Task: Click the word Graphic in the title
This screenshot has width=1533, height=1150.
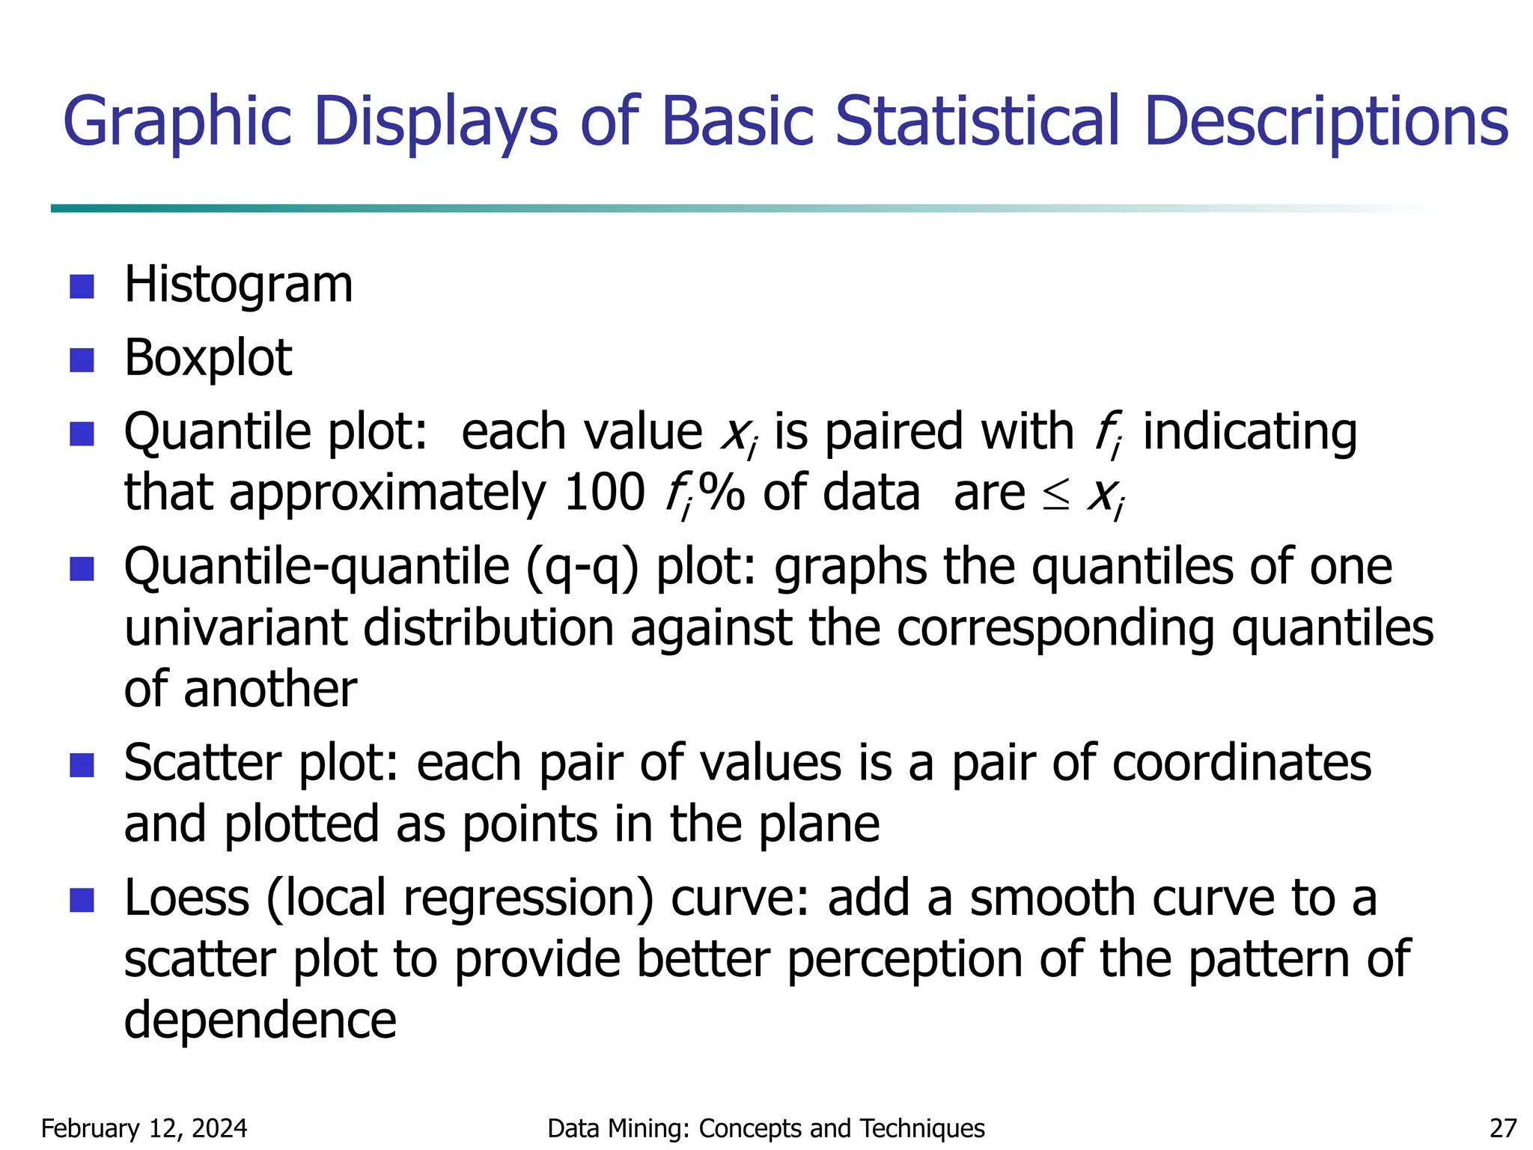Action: [177, 122]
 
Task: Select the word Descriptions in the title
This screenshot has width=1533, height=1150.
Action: [1326, 122]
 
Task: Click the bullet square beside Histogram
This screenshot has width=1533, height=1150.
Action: [82, 286]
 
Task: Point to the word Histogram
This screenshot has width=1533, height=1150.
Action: [238, 285]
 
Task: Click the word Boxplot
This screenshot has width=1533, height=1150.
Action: [207, 359]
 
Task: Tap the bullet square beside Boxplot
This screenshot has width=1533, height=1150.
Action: [82, 359]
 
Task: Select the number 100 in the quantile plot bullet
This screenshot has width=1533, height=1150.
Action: [603, 493]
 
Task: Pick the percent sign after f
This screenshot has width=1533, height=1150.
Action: [721, 493]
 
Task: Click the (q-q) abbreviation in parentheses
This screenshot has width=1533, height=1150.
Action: [582, 568]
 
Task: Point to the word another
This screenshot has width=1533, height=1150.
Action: [269, 690]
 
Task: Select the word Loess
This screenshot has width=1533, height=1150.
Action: [186, 898]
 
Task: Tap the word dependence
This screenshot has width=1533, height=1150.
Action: [260, 1020]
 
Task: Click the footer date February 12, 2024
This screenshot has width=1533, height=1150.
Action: [144, 1128]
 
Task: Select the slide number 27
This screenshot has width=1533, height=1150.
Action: [1503, 1128]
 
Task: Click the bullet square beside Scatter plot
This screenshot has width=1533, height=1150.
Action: [82, 765]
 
